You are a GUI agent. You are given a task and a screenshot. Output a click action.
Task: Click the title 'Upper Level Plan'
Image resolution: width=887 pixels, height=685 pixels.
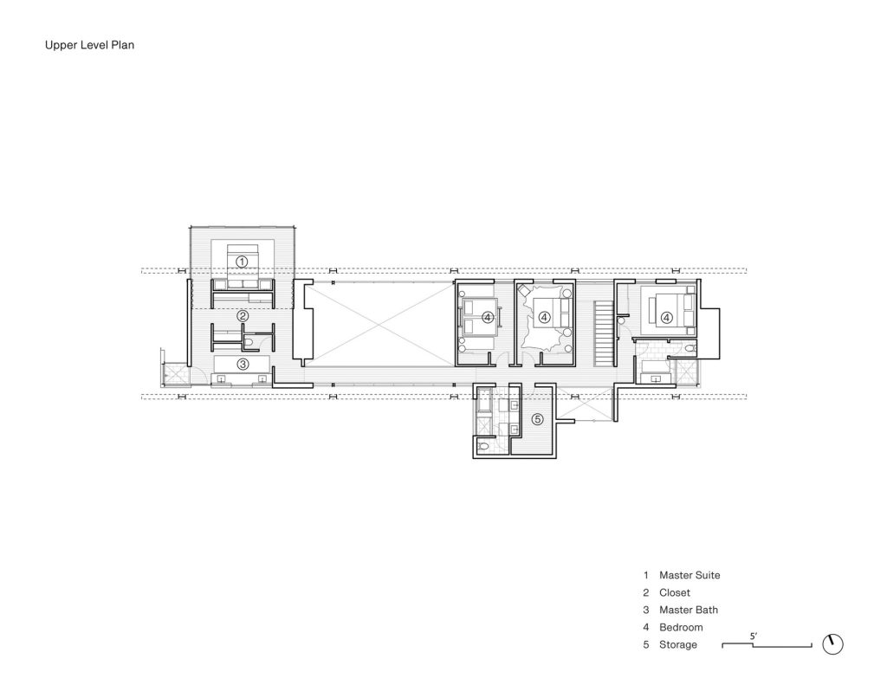pos(89,45)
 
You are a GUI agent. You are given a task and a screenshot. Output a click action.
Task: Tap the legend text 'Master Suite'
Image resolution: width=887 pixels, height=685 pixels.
pos(690,575)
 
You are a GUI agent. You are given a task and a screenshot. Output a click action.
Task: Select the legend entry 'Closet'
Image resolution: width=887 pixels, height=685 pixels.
pos(674,593)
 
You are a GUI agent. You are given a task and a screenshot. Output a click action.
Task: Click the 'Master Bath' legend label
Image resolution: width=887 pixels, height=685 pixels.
pos(689,610)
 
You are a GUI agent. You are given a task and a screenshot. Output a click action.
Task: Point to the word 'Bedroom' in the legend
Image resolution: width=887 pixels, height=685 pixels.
pos(681,627)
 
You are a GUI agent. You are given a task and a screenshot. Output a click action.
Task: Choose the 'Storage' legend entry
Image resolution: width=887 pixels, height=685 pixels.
pos(677,645)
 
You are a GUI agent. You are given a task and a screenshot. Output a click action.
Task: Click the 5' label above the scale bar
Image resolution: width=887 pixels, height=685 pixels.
pos(754,637)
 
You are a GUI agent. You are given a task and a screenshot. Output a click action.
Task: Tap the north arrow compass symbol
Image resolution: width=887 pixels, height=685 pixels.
pos(832,644)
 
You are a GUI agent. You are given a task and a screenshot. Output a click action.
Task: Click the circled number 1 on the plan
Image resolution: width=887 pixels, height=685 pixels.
pos(242,262)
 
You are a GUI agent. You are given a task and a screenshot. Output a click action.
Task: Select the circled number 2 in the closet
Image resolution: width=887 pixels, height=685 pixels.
pos(243,315)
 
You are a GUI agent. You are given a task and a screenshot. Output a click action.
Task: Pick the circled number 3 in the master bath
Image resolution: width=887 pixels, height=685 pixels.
pos(243,364)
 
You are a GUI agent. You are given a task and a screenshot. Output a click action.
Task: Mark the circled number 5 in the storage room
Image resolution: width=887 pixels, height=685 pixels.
pos(537,419)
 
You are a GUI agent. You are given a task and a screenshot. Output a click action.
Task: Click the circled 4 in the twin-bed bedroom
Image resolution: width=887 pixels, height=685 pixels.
pos(488,318)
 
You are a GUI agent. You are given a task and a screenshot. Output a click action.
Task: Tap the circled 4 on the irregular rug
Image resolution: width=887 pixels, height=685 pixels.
pos(544,318)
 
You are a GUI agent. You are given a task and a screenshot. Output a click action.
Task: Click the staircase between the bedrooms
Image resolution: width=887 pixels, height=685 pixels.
pos(604,333)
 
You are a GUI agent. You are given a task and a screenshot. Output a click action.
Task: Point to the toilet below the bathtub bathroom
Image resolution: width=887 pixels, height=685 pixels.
pos(482,446)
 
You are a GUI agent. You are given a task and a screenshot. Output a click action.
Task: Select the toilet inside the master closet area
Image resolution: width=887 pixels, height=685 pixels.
pos(249,343)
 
